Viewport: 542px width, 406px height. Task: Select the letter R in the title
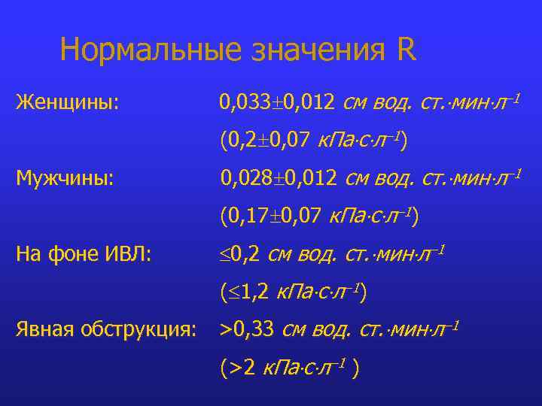(405, 50)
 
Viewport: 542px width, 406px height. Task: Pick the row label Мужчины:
(65, 178)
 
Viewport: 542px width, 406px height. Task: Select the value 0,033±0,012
(276, 101)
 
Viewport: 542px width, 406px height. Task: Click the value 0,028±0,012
(277, 178)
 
